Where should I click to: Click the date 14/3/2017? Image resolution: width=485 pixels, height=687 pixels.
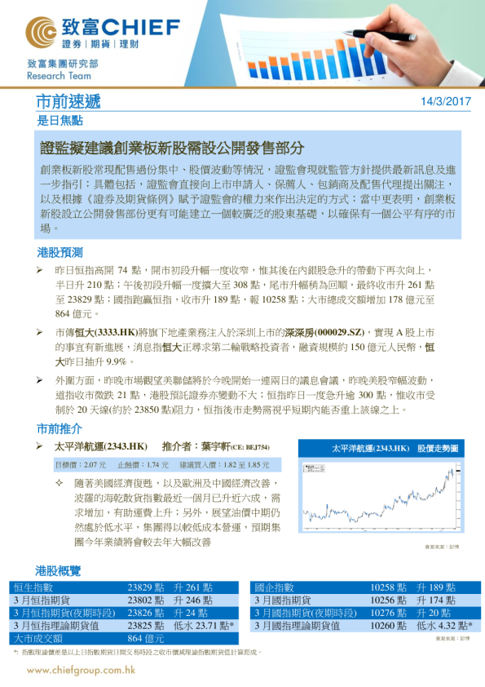click(446, 102)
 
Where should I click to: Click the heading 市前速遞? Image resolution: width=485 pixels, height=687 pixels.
click(68, 101)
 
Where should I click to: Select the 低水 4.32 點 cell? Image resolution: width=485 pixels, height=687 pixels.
click(444, 626)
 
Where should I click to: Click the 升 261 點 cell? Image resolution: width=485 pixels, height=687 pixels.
click(194, 587)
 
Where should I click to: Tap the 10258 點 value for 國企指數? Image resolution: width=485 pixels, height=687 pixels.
click(389, 587)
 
